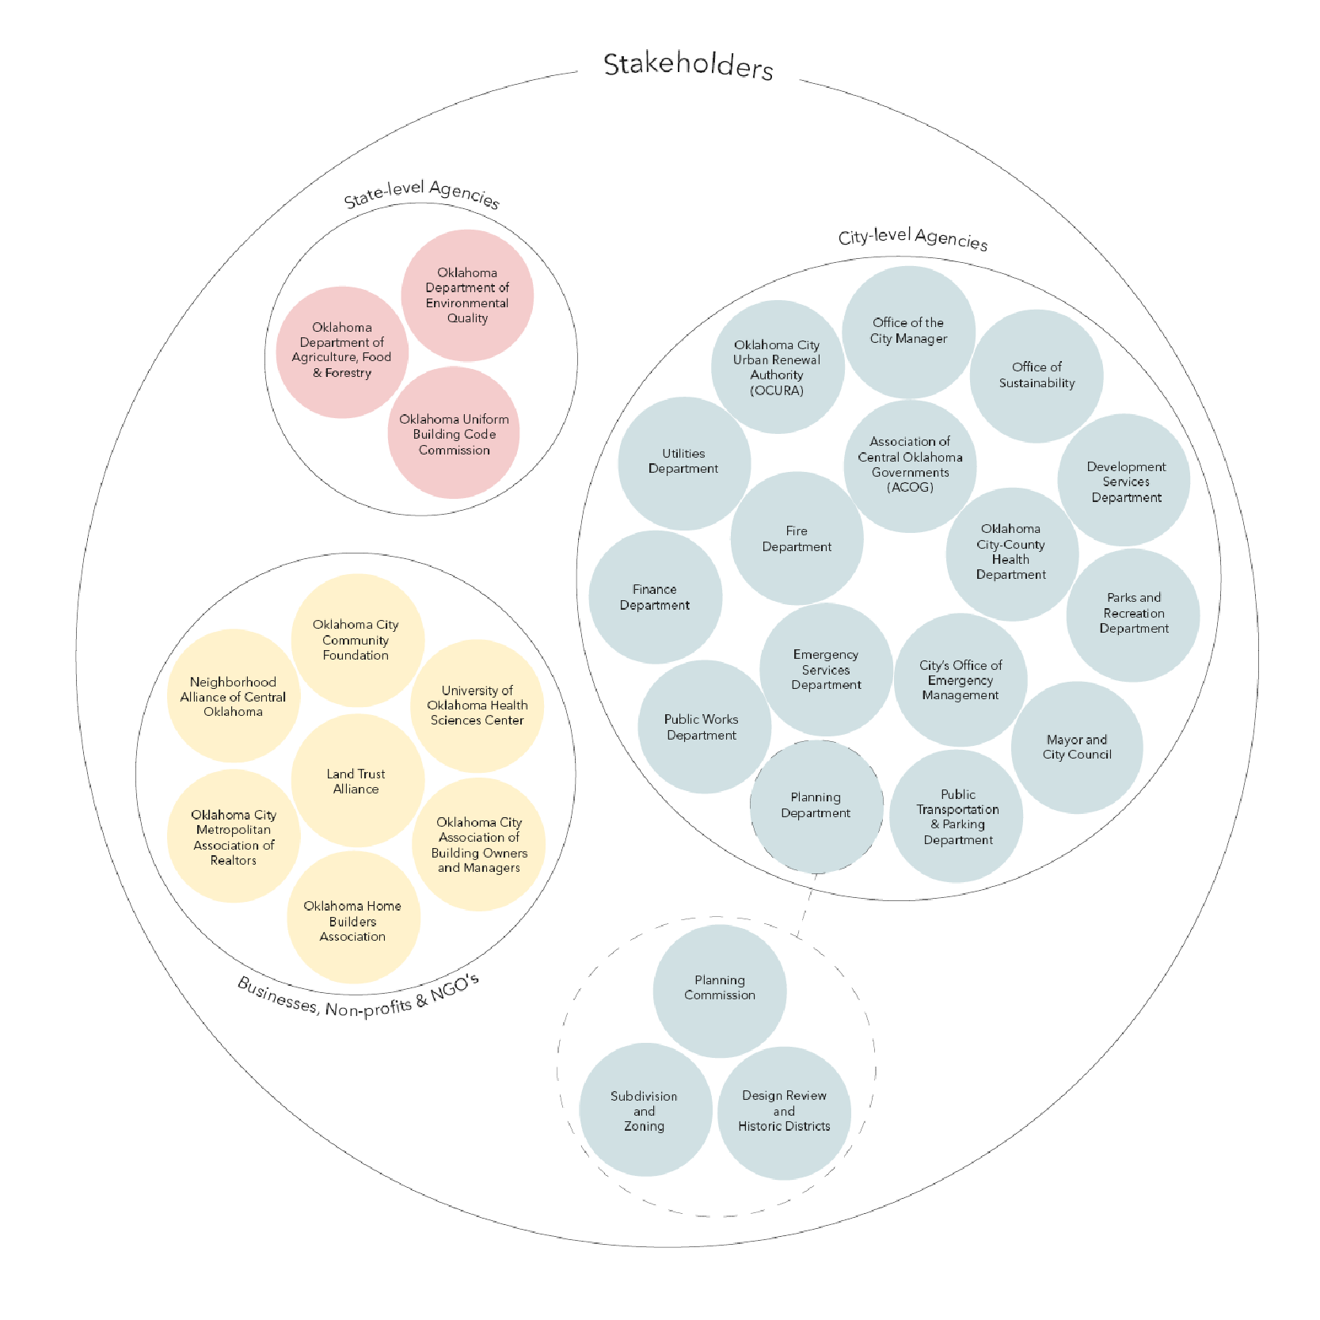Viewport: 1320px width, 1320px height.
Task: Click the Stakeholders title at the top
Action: coord(688,65)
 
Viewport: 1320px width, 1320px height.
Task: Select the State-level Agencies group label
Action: coord(422,194)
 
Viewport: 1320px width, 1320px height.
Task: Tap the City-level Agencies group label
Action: coord(913,238)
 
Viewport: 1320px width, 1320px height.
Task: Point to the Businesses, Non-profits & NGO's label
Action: coord(359,996)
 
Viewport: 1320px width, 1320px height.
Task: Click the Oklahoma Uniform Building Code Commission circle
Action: coord(454,433)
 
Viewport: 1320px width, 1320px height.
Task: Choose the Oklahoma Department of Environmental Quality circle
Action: coord(467,295)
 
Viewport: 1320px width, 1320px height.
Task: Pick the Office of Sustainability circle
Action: coord(1037,375)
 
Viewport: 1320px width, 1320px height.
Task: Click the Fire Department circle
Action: coord(797,538)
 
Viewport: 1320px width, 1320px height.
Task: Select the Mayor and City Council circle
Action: coord(1077,747)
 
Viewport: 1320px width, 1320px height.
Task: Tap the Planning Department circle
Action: coord(816,806)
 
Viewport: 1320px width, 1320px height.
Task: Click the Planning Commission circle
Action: coord(720,991)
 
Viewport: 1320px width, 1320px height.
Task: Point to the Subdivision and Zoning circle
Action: coord(645,1110)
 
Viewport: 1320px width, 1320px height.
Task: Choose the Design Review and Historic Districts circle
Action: coord(784,1113)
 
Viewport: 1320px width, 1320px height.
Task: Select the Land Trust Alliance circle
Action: coord(357,781)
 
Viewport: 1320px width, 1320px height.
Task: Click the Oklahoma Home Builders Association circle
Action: coord(353,919)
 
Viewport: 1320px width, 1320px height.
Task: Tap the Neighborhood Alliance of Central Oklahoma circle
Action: coord(234,696)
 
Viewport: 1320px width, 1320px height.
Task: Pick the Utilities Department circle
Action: coord(684,463)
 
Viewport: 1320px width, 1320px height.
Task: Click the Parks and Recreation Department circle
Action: coord(1133,615)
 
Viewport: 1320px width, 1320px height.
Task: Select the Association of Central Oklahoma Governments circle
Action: coord(910,466)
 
